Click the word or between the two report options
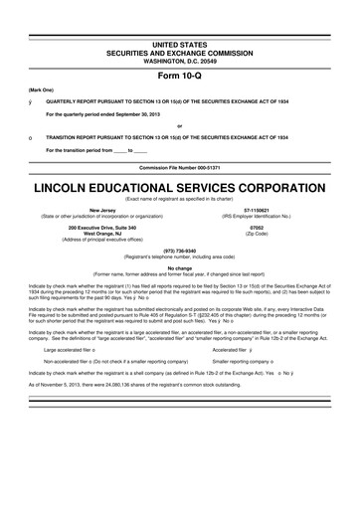179,97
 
